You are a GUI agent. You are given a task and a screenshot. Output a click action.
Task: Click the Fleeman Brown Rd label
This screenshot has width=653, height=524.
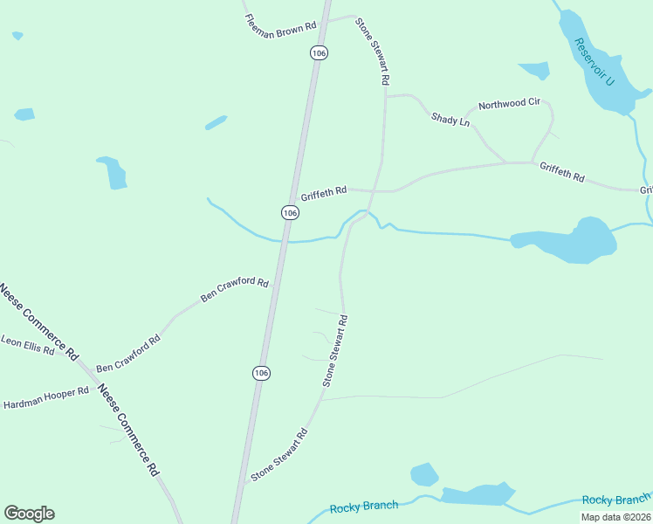click(280, 25)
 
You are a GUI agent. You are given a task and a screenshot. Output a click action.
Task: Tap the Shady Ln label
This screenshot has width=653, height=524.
click(450, 119)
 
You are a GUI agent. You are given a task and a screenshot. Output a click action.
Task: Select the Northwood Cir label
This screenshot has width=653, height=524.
click(508, 103)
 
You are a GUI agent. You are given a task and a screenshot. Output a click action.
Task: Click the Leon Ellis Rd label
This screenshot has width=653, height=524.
click(27, 346)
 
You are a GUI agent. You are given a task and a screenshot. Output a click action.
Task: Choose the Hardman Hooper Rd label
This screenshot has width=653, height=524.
click(46, 398)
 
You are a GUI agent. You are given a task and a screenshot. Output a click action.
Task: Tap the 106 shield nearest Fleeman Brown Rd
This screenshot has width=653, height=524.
click(319, 53)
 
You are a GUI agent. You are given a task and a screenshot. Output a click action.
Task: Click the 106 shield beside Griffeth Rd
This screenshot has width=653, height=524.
click(291, 213)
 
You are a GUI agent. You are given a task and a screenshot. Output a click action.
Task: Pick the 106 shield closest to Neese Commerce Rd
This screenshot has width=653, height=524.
click(261, 373)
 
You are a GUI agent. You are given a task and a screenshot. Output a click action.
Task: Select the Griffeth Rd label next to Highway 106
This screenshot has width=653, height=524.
click(324, 191)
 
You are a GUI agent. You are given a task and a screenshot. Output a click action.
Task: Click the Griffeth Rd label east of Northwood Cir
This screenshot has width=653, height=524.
click(561, 171)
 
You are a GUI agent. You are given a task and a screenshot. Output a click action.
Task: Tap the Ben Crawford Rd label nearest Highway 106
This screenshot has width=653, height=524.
click(234, 289)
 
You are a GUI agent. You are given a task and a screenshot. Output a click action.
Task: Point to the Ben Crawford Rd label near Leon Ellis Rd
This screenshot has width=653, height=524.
click(127, 354)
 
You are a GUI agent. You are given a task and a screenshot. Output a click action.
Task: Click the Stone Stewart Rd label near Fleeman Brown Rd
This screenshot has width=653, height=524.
click(372, 50)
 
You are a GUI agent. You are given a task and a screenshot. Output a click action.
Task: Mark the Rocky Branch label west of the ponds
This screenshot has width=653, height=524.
click(364, 507)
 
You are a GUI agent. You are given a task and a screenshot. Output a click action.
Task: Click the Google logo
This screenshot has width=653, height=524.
click(29, 514)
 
